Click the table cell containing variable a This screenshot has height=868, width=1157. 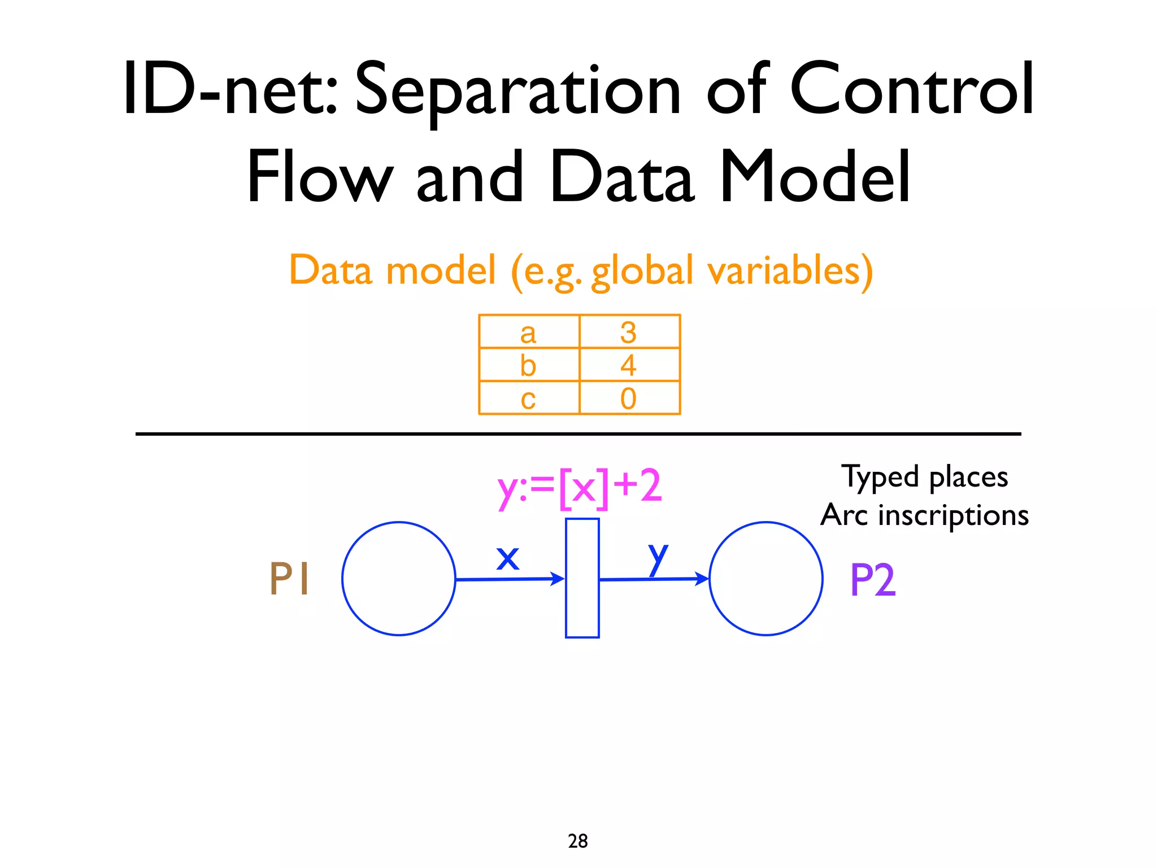click(x=529, y=332)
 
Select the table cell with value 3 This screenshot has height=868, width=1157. click(x=629, y=332)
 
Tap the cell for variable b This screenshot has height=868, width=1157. click(x=529, y=365)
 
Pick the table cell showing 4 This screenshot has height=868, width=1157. click(x=629, y=365)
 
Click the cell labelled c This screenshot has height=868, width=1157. click(x=529, y=398)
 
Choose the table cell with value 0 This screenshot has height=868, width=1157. click(x=629, y=398)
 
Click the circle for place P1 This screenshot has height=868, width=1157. click(x=399, y=579)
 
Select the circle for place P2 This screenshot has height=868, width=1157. click(x=765, y=579)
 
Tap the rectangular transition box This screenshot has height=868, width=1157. click(x=582, y=578)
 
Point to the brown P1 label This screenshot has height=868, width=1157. click(x=289, y=579)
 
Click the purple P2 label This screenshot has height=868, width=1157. click(x=873, y=580)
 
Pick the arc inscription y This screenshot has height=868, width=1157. click(x=658, y=558)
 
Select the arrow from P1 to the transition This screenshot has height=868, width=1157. click(x=508, y=579)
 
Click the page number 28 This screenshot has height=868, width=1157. click(x=578, y=841)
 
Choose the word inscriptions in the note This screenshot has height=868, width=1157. click(x=953, y=515)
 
